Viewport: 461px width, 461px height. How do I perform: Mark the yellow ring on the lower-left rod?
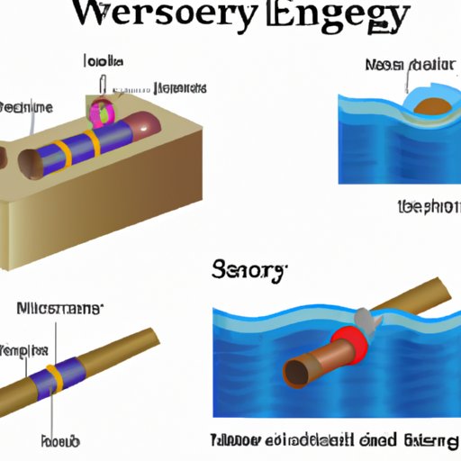click(x=55, y=372)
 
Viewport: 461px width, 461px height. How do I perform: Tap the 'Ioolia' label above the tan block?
click(x=103, y=62)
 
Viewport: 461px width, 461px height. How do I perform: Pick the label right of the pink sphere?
click(x=180, y=88)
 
